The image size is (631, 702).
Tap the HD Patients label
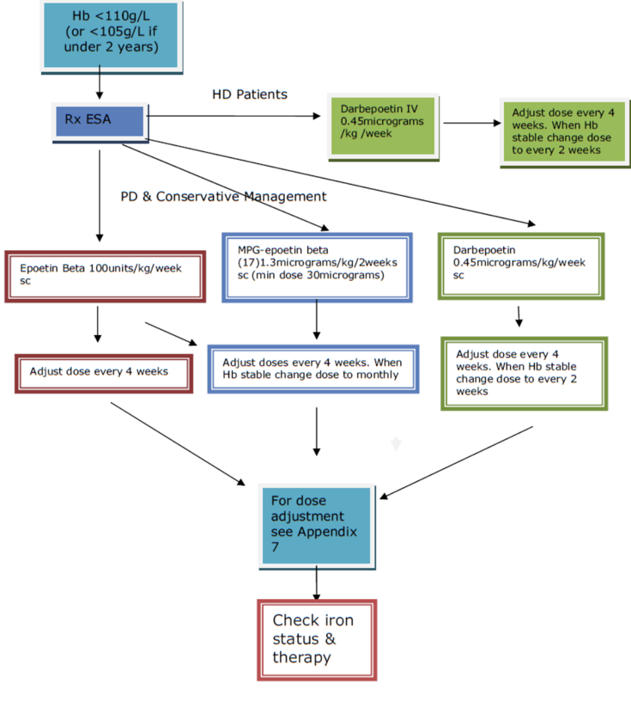(250, 94)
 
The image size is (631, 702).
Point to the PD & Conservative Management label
(223, 197)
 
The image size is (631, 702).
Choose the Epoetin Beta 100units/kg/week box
(105, 275)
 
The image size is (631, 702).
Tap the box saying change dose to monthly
(313, 369)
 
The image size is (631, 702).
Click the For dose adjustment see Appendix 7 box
(316, 524)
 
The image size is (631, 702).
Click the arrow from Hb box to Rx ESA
(100, 83)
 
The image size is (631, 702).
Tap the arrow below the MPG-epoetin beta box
(318, 320)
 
